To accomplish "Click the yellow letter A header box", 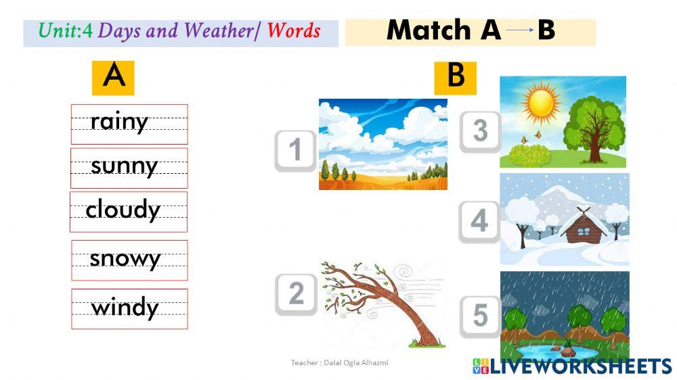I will (113, 77).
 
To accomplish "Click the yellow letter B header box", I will (455, 77).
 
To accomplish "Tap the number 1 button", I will (295, 150).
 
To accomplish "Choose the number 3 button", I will (480, 130).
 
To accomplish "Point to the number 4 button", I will (479, 221).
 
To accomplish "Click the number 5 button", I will (480, 316).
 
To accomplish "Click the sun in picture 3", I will (541, 103).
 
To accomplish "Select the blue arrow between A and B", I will (519, 30).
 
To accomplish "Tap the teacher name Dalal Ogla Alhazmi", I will (339, 363).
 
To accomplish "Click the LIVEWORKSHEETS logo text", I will (580, 366).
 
